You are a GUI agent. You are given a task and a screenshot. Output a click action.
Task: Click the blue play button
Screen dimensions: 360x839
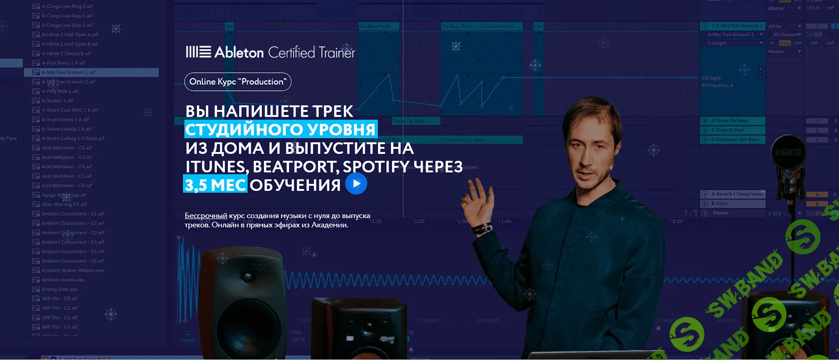pyautogui.click(x=356, y=183)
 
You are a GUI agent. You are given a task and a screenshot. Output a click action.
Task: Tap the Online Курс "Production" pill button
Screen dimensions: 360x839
pyautogui.click(x=237, y=82)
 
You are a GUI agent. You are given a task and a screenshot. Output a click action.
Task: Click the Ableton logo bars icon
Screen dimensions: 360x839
pyautogui.click(x=198, y=52)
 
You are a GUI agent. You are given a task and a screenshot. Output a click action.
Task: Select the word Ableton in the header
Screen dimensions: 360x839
pyautogui.click(x=239, y=52)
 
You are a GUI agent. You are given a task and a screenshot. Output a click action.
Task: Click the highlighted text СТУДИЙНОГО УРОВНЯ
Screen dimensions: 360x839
pyautogui.click(x=280, y=129)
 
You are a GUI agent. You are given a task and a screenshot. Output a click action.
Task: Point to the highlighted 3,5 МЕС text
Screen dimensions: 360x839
pyautogui.click(x=215, y=185)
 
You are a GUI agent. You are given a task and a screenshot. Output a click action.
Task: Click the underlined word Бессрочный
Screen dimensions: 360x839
pyautogui.click(x=206, y=216)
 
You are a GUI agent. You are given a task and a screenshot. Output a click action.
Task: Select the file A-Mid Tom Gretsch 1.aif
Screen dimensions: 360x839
pyautogui.click(x=68, y=73)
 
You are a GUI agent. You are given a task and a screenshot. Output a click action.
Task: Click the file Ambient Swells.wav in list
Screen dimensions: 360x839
pyautogui.click(x=63, y=280)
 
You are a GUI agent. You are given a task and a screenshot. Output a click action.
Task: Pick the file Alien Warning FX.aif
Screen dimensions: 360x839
pyautogui.click(x=64, y=204)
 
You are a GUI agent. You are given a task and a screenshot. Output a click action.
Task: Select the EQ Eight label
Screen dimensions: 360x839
pyautogui.click(x=711, y=78)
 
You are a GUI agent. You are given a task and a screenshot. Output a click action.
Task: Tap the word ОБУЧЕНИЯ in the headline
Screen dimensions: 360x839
pyautogui.click(x=295, y=185)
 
